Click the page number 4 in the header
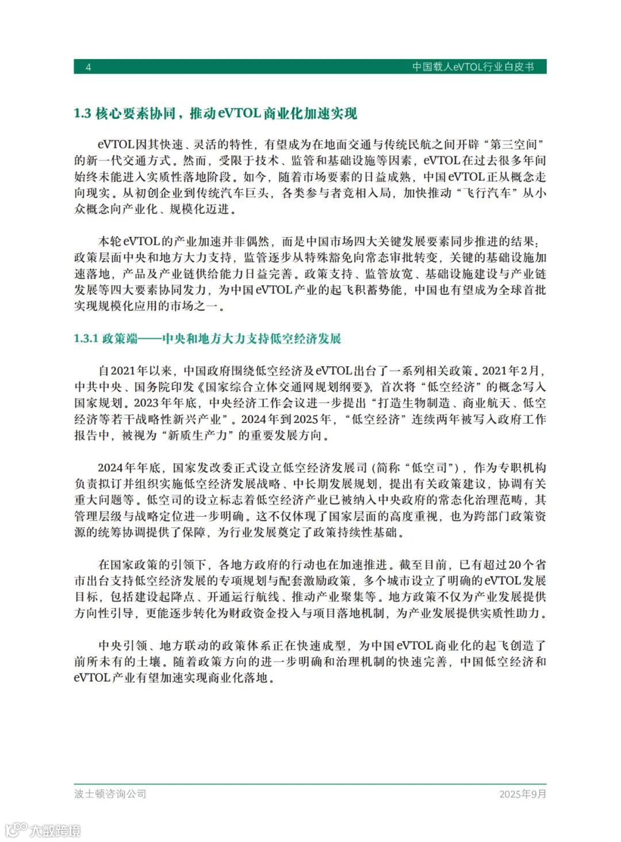click(x=89, y=67)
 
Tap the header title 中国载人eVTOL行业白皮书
click(x=473, y=67)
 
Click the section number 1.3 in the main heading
click(x=82, y=114)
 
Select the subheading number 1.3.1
click(x=86, y=339)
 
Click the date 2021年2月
click(x=512, y=371)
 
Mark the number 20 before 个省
click(x=515, y=565)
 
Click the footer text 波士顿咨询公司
click(x=110, y=794)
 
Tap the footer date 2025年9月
click(x=522, y=794)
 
